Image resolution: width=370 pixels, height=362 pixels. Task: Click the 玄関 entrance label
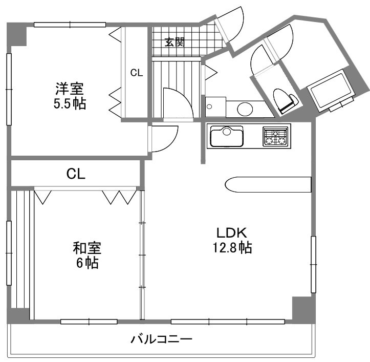point(175,42)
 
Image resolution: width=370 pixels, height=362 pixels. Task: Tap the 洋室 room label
point(70,89)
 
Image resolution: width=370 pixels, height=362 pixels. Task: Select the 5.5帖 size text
point(70,103)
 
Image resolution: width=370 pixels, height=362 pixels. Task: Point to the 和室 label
point(87,248)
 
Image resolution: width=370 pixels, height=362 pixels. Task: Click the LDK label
point(232,233)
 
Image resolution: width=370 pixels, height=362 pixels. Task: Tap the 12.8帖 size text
point(232,247)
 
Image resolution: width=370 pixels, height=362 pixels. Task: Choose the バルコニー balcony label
point(162,339)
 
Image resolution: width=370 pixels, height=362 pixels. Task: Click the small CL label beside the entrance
point(137,73)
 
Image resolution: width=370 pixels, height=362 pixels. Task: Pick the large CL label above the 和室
point(76,174)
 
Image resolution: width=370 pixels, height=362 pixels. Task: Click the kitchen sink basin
point(227,136)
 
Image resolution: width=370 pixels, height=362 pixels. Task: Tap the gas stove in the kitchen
point(275,136)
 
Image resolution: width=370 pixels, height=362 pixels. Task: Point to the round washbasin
point(245,109)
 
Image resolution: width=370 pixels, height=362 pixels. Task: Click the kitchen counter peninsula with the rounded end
point(268,184)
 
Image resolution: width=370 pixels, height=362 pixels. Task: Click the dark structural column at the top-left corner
point(16,34)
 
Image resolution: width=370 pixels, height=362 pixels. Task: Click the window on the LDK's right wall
point(313,265)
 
